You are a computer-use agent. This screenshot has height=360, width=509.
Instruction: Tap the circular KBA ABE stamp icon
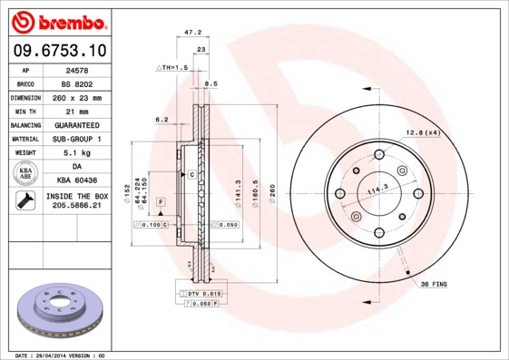click(x=24, y=174)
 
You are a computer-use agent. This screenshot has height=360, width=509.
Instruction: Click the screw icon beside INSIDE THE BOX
click(x=24, y=201)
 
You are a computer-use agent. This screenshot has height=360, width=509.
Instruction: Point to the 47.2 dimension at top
click(x=192, y=32)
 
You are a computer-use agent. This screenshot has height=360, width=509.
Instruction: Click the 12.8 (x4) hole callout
click(x=422, y=132)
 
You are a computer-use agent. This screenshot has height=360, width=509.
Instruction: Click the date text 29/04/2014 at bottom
click(x=60, y=355)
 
